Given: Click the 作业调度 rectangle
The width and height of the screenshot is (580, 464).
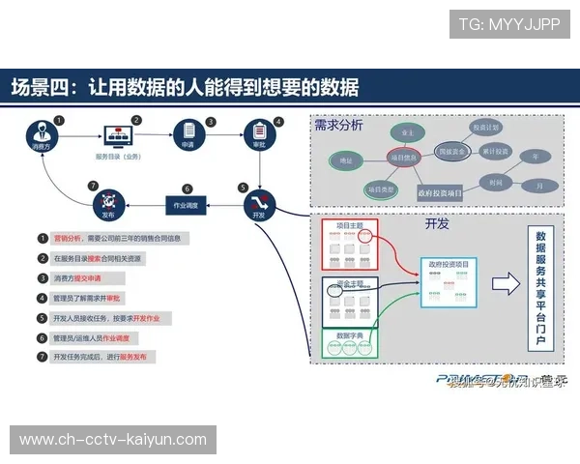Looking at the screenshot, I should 185,204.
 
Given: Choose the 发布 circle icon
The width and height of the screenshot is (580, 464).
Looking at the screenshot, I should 106,202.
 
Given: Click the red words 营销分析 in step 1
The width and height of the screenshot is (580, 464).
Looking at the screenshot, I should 68,238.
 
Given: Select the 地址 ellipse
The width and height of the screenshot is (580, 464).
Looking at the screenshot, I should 346,159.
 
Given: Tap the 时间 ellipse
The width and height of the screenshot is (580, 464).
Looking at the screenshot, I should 494,181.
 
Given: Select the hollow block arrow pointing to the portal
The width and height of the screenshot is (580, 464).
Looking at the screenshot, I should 505,284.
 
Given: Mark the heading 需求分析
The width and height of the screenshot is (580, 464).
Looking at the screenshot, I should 338,125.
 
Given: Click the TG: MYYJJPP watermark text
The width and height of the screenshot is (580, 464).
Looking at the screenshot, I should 509,22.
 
